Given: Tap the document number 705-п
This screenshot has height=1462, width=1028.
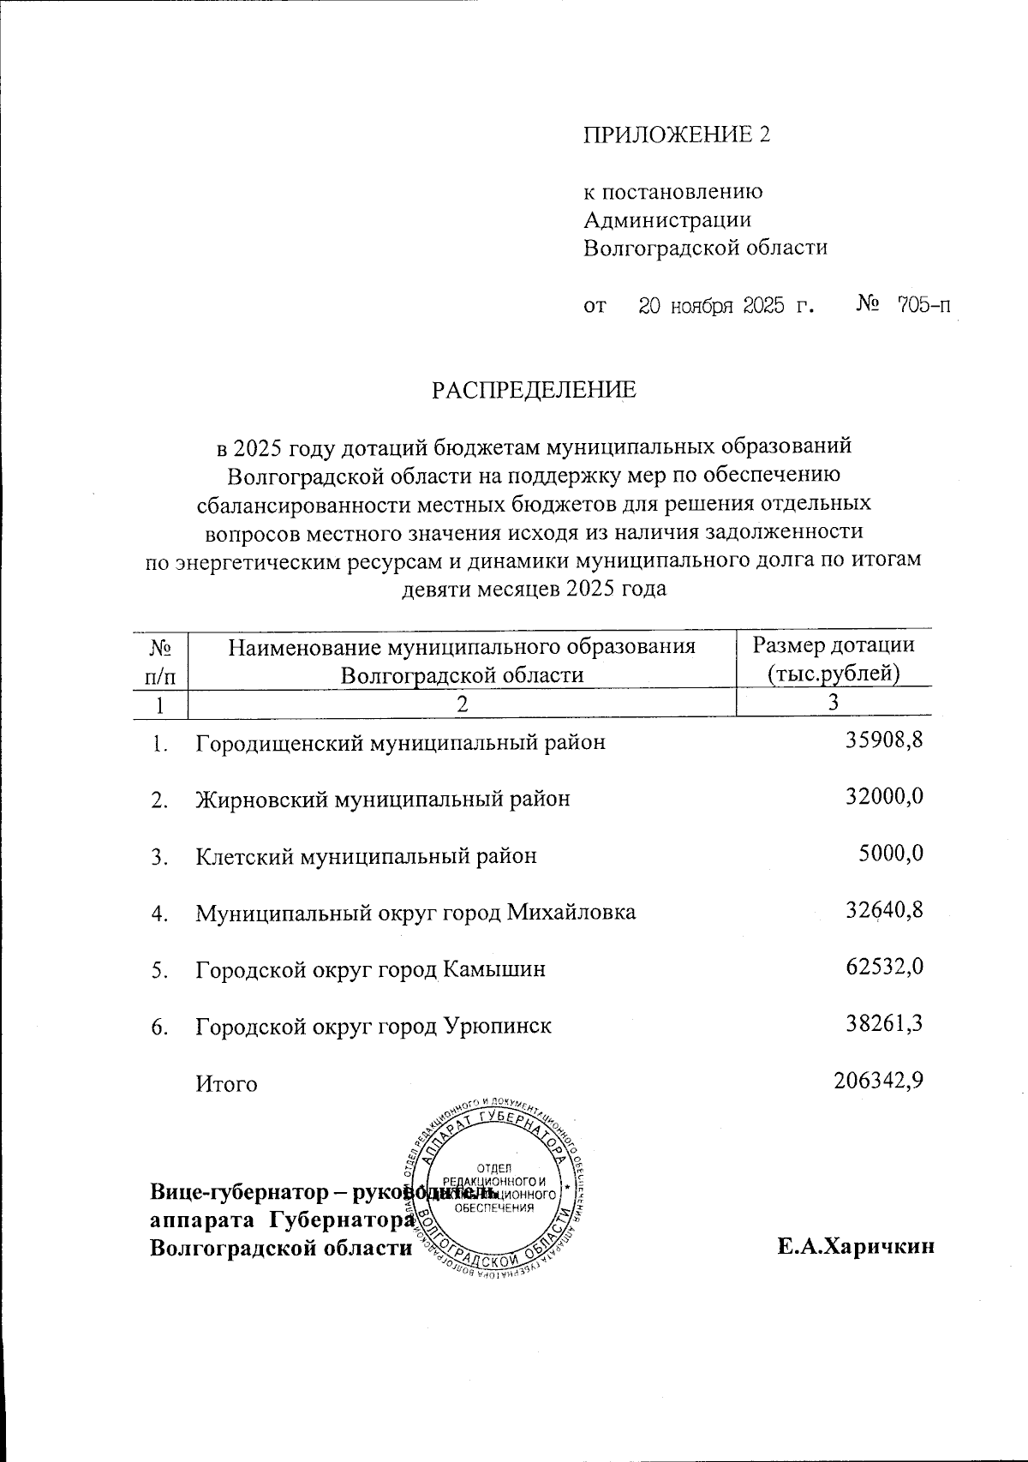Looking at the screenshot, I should pyautogui.click(x=923, y=305).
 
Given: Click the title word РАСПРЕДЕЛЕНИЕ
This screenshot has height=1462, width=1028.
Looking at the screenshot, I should pyautogui.click(x=534, y=391).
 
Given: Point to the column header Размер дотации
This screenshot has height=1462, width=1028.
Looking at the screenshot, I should pyautogui.click(x=833, y=645).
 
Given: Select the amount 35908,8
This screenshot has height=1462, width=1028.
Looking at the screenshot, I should pyautogui.click(x=884, y=740).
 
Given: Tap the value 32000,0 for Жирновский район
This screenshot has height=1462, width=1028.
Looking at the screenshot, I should pyautogui.click(x=884, y=797).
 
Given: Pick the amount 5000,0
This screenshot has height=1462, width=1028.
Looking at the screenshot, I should pyautogui.click(x=891, y=854).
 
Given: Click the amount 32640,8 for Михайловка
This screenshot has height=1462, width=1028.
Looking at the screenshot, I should pyautogui.click(x=884, y=910).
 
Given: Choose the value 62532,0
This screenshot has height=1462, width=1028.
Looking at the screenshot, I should pyautogui.click(x=884, y=968).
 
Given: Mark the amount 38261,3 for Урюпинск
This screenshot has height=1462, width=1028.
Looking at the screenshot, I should pyautogui.click(x=884, y=1024).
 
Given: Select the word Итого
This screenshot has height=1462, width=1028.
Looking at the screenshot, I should pyautogui.click(x=226, y=1083).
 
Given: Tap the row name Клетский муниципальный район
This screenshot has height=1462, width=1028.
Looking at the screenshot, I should pyautogui.click(x=367, y=855).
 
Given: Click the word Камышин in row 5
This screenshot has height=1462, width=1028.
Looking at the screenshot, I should pyautogui.click(x=493, y=969).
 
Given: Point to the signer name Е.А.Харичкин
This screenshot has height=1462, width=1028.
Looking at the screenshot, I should pyautogui.click(x=855, y=1247).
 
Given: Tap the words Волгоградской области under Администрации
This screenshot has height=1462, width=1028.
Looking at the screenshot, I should pyautogui.click(x=705, y=249).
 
